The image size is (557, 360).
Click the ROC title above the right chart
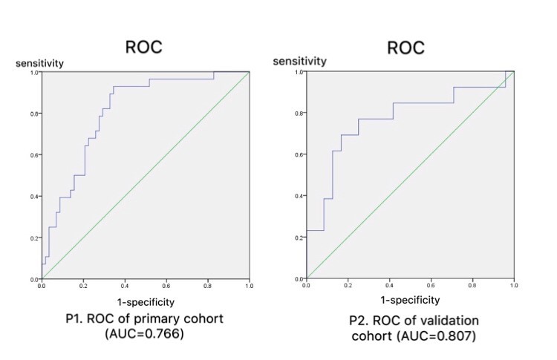click(x=405, y=47)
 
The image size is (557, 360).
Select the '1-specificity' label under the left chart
click(x=146, y=301)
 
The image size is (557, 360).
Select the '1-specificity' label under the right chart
click(x=409, y=301)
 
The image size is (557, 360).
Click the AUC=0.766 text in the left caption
click(x=146, y=334)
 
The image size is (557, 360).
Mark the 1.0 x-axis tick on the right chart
click(x=513, y=284)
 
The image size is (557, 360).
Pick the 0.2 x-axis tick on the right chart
click(x=348, y=284)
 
